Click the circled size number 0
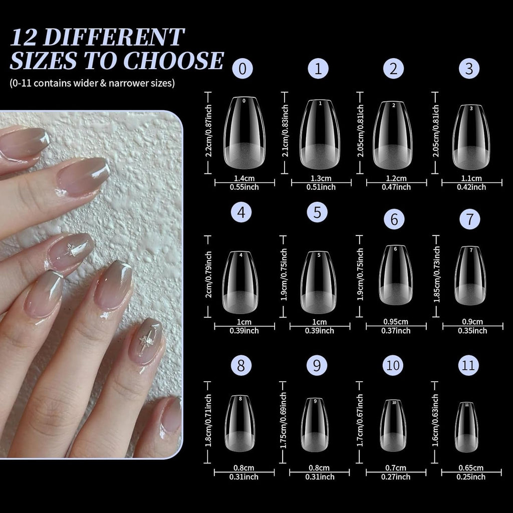[x=242, y=69]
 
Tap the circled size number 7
[x=469, y=219]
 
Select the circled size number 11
[x=468, y=365]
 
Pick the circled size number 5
[x=317, y=212]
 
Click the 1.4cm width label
[x=244, y=178]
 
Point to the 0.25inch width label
[x=471, y=477]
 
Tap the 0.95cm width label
[x=396, y=322]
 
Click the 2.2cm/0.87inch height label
[x=209, y=131]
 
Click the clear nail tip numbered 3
[x=471, y=137]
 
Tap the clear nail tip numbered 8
[x=240, y=423]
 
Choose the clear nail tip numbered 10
[x=393, y=425]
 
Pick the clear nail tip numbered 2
[x=393, y=134]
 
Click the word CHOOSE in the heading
[x=173, y=61]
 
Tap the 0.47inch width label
[x=396, y=187]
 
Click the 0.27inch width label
[x=396, y=477]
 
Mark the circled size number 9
[x=317, y=366]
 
